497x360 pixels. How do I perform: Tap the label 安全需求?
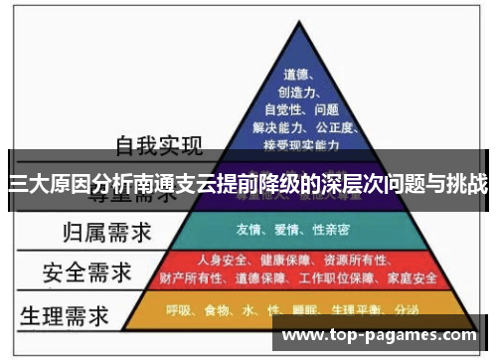(84, 270)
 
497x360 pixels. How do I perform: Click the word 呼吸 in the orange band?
(179, 309)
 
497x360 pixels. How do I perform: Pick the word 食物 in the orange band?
(218, 309)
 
